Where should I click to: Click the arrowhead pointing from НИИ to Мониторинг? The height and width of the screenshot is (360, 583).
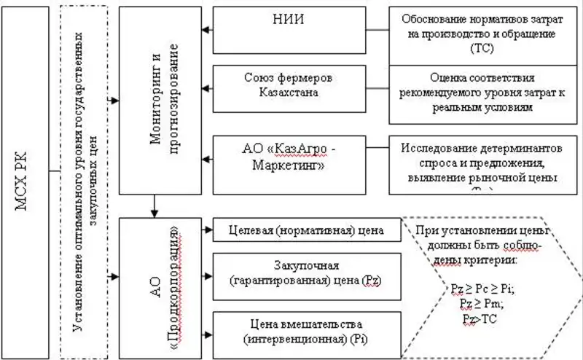click(206, 30)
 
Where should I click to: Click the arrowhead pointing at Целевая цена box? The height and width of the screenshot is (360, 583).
click(207, 232)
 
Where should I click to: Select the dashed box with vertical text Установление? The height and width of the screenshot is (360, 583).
click(86, 182)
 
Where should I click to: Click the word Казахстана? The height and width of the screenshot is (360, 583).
click(291, 93)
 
